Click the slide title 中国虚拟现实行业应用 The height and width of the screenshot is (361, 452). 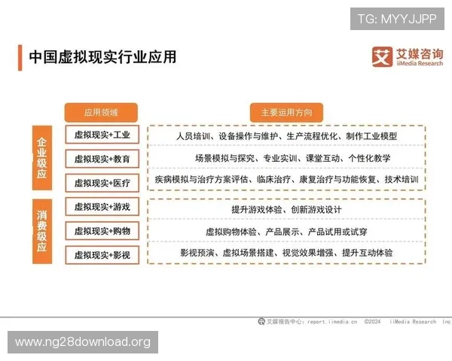coord(102,57)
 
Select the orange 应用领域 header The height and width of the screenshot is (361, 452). coord(101,113)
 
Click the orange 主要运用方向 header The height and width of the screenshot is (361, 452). coord(286,113)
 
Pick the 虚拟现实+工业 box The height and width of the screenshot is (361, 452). coord(102,136)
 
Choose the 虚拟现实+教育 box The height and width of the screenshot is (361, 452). coord(102,159)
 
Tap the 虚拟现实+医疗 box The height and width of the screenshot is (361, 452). coord(102,183)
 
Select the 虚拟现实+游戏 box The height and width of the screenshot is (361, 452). coord(102,207)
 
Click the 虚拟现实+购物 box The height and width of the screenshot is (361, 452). coord(102,231)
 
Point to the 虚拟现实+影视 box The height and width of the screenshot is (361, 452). coord(102,255)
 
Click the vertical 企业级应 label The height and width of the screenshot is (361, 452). coord(42,158)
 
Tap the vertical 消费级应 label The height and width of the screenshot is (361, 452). coord(42,231)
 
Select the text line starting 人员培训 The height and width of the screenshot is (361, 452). coord(286,136)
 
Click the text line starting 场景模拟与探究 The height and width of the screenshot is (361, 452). coord(286,159)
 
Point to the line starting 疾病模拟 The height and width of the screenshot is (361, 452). coord(286,180)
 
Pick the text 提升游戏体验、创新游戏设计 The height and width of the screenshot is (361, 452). coord(286,209)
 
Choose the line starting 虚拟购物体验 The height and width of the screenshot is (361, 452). coord(286,231)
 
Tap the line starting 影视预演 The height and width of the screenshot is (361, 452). coord(286,253)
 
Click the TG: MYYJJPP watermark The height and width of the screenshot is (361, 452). coord(397,18)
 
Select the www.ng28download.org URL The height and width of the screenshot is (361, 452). coord(83,342)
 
